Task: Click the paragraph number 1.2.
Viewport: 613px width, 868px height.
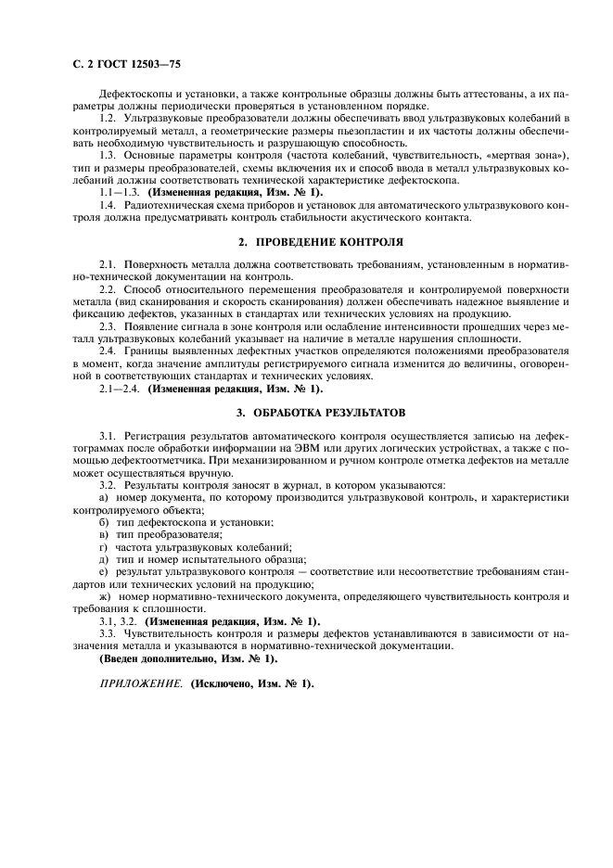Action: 109,120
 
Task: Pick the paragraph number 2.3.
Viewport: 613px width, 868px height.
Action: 109,326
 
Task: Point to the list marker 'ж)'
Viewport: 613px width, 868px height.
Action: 105,596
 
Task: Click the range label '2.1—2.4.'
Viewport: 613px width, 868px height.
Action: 121,388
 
